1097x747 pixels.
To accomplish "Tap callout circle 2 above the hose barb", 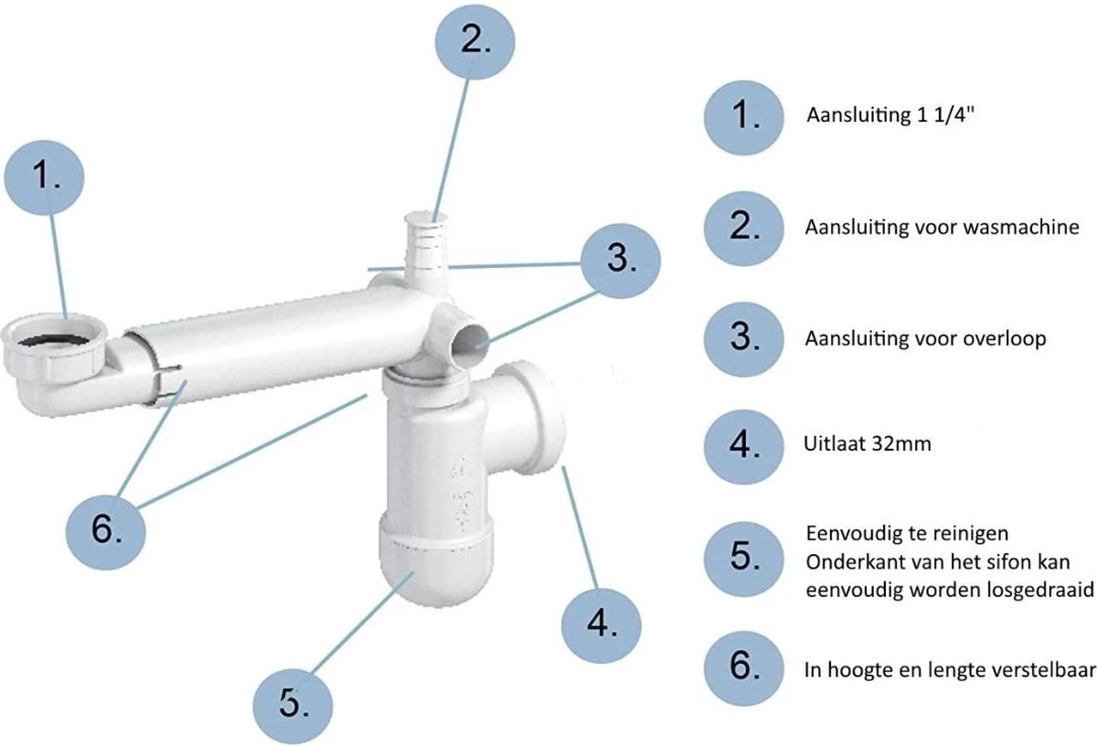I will point(472,42).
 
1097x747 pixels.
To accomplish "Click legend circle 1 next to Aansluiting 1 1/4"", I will point(745,116).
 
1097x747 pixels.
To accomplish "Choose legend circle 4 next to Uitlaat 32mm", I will point(745,445).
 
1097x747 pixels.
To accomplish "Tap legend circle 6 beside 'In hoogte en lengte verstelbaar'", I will point(745,666).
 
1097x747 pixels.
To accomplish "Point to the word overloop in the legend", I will point(1006,338).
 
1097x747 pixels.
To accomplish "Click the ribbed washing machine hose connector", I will point(427,242).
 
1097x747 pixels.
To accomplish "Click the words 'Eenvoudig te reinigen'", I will point(894,533).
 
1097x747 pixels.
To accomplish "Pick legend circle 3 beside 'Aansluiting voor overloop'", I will point(745,337).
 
